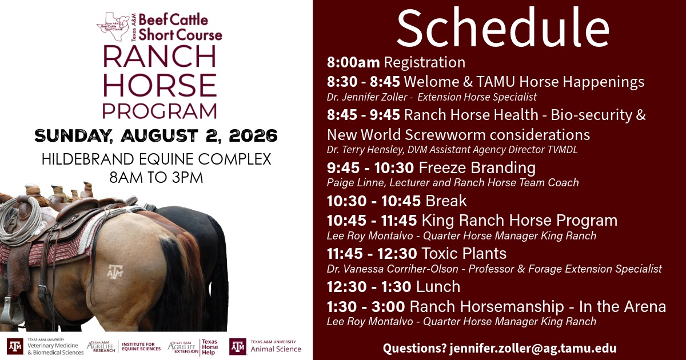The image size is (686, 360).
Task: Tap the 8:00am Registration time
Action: [353, 62]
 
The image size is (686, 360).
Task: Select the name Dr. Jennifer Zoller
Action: [367, 97]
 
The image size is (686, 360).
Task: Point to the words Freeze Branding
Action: [477, 167]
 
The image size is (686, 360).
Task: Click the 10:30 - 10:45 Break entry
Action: [397, 201]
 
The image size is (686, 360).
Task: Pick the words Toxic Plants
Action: [464, 254]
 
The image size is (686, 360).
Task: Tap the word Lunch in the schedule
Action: [438, 287]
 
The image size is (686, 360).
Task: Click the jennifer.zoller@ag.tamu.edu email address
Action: [533, 349]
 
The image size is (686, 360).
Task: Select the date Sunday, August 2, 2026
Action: [156, 135]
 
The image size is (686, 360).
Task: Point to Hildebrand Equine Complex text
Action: [157, 159]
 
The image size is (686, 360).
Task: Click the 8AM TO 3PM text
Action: [156, 178]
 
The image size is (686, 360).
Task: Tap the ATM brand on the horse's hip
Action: [115, 271]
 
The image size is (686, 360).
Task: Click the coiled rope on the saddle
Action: [20, 221]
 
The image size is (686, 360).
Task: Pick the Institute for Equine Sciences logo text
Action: [141, 346]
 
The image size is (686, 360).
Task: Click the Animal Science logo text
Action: [276, 349]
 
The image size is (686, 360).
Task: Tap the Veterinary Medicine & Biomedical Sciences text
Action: [55, 349]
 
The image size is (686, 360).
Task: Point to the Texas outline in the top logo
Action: [113, 26]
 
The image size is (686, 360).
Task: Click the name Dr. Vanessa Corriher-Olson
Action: [392, 269]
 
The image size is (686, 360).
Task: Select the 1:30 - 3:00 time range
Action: [366, 307]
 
